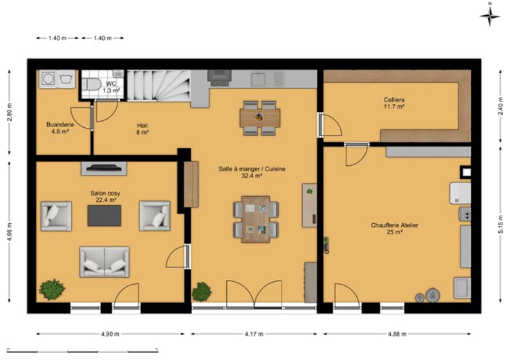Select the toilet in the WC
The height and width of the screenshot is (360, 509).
[90, 85]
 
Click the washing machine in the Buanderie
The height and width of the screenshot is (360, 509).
[48, 79]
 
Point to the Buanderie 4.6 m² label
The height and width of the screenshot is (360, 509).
[60, 128]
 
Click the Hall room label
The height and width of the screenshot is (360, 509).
[142, 129]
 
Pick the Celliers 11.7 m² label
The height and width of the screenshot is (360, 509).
[394, 103]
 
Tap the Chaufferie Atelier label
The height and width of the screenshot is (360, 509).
[394, 228]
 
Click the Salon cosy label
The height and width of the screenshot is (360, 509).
[105, 196]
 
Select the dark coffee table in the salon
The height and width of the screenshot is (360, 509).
[104, 216]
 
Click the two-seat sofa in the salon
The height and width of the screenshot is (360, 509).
[104, 262]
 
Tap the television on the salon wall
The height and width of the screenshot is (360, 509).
[104, 168]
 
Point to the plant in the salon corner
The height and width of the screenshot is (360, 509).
[52, 290]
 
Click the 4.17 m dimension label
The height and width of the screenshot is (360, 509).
[254, 334]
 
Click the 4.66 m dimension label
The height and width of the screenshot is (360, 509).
[9, 232]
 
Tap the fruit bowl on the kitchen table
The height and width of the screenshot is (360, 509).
[259, 117]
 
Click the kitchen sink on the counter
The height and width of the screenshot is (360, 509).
[258, 79]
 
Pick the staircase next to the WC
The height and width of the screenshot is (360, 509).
[158, 86]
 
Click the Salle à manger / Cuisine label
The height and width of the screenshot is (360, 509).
[252, 172]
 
